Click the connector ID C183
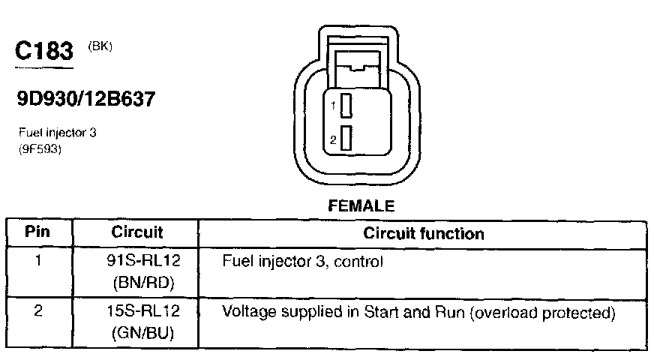tap(44, 51)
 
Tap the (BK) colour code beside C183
tap(100, 46)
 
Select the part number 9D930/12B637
tap(85, 98)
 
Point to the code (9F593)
tap(40, 148)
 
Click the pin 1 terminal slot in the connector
tap(346, 107)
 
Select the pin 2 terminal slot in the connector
tap(346, 139)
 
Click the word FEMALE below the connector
tap(362, 205)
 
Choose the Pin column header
tap(37, 232)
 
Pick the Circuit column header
tap(137, 232)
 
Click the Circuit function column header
tap(423, 233)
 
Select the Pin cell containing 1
tap(37, 262)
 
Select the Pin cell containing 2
tap(37, 310)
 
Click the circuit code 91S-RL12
tap(144, 262)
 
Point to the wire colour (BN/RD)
tap(144, 284)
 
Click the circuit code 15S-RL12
tap(144, 311)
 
